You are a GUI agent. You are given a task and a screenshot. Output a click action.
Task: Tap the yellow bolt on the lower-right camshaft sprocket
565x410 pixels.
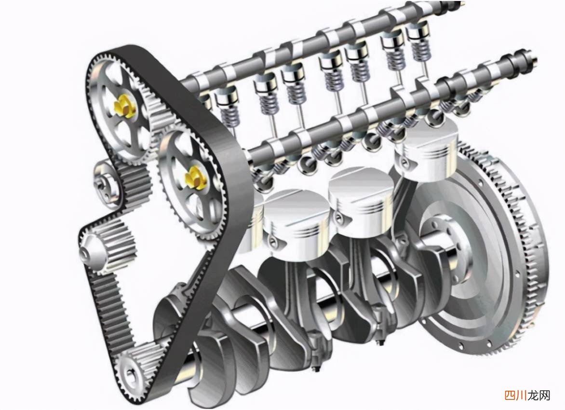coord(195,177)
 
